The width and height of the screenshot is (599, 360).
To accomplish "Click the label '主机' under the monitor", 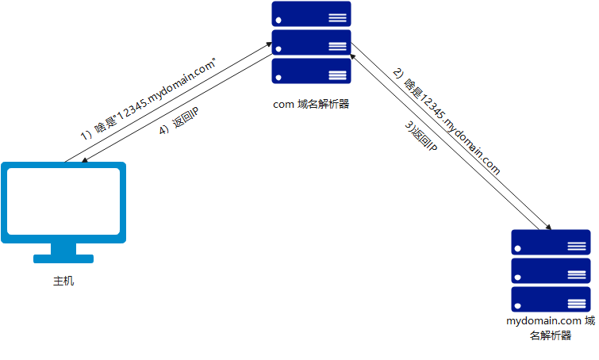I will [63, 281].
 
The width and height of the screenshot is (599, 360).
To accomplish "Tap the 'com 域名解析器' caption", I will [311, 103].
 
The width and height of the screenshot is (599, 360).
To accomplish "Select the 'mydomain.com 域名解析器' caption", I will [550, 328].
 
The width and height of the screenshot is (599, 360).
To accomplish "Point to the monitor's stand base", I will [63, 259].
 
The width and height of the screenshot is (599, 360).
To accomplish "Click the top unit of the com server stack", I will [311, 14].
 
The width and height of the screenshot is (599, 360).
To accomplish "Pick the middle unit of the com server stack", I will [311, 43].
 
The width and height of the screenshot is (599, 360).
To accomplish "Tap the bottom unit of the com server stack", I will [311, 71].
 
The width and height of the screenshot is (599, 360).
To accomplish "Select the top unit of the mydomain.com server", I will [551, 242].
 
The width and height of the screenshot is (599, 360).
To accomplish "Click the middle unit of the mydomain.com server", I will [551, 270].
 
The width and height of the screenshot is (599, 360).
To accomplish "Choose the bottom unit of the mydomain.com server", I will [551, 299].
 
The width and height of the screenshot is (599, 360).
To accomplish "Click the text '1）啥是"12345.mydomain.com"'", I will [150, 96].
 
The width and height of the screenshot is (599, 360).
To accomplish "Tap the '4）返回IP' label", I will [179, 123].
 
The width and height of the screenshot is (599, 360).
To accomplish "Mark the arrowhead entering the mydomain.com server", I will [547, 225].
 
